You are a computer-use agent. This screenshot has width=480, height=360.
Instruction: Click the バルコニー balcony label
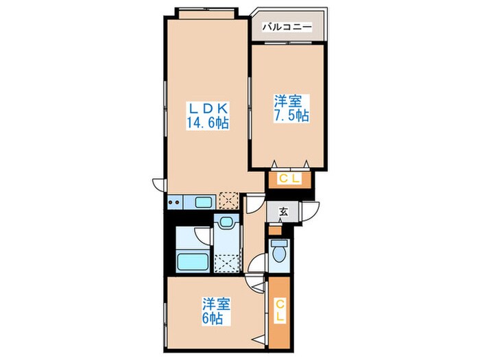287,28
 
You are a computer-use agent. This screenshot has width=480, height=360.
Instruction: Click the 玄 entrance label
283,212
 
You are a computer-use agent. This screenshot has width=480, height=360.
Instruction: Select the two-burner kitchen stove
176,202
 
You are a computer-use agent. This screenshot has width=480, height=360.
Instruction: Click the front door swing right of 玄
313,212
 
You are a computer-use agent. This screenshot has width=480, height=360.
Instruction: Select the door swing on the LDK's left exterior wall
158,185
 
